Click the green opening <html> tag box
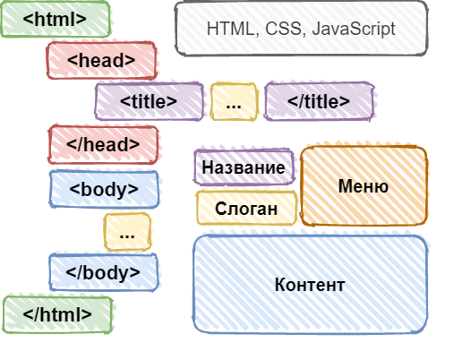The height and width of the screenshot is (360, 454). point(56,19)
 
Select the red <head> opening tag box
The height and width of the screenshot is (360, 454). point(101,60)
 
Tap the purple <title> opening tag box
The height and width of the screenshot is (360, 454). point(150,101)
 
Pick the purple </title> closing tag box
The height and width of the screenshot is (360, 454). point(319,101)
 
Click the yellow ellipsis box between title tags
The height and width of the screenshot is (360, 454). point(234,102)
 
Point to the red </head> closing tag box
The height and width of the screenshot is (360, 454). point(103,145)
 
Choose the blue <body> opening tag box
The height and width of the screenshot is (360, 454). point(104,189)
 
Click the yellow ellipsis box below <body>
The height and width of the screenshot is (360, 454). point(127,232)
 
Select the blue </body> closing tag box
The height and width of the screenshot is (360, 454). point(104,272)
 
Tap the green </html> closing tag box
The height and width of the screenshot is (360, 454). point(57,314)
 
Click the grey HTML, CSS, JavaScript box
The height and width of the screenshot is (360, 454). point(301,29)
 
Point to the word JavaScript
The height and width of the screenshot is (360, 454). point(354,29)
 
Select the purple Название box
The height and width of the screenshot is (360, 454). point(244,167)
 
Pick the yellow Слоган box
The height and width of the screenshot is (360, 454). point(246,208)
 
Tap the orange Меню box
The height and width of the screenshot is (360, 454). point(364,185)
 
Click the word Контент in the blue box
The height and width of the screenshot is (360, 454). point(310,285)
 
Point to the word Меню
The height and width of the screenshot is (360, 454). point(364,186)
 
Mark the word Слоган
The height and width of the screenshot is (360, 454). point(246,209)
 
